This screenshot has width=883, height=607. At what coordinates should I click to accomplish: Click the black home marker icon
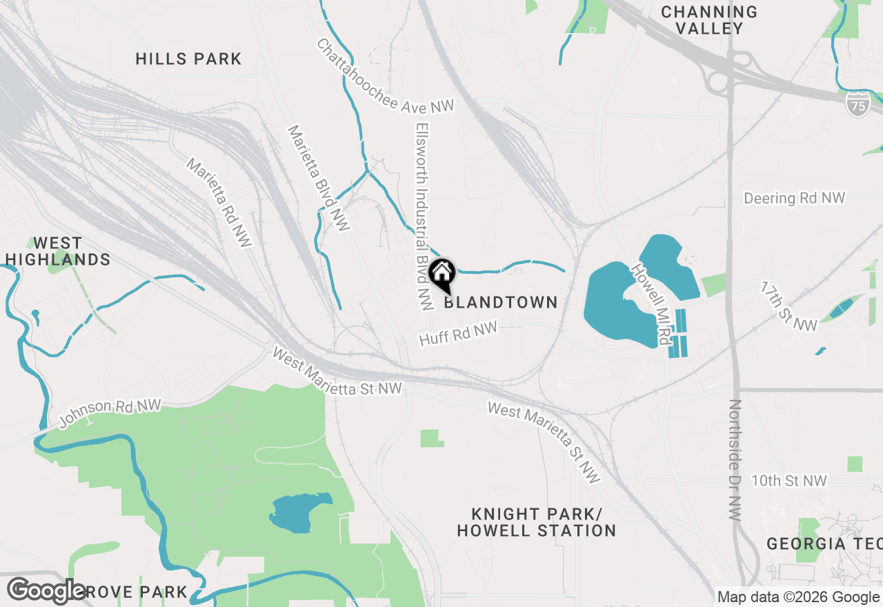pos(441,273)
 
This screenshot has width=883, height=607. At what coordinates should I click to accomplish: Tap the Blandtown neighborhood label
pos(500,302)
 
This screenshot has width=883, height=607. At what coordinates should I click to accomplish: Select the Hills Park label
pos(188,59)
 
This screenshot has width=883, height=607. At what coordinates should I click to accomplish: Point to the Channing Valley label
pos(708,20)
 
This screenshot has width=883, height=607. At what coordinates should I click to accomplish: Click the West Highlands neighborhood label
pos(58,251)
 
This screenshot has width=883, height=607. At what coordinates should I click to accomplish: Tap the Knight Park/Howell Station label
pos(536,522)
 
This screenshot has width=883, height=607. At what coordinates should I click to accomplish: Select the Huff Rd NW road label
pos(458,335)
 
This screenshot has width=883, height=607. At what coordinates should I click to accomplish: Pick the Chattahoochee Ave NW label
pos(386,76)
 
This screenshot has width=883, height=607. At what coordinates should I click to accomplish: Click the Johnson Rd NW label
pos(110,413)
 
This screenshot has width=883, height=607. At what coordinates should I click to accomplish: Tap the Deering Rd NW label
pos(794,199)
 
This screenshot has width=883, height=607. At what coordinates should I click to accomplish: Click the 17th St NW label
pos(788,306)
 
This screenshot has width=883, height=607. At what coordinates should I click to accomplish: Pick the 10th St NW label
pos(788,481)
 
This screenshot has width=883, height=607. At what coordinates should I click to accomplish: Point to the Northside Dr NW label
pos(735,461)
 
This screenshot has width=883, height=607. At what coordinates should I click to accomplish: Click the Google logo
pos(46,590)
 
